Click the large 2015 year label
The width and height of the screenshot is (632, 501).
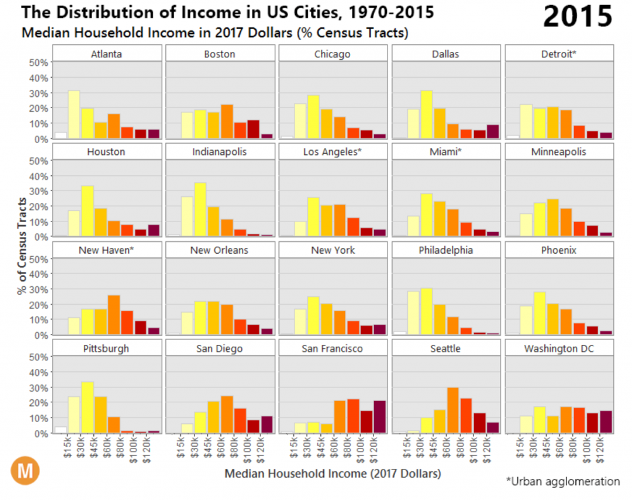point(578,17)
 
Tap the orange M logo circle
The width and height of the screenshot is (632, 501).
point(25,471)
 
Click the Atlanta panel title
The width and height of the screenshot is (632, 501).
point(106,54)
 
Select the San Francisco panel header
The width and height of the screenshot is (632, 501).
point(333,349)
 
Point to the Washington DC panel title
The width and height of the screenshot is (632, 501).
point(559,349)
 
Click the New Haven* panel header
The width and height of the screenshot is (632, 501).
point(106,251)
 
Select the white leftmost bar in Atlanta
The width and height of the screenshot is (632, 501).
point(60,135)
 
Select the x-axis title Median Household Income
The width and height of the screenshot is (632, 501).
point(333,474)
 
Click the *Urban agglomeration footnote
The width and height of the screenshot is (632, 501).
point(562,481)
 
